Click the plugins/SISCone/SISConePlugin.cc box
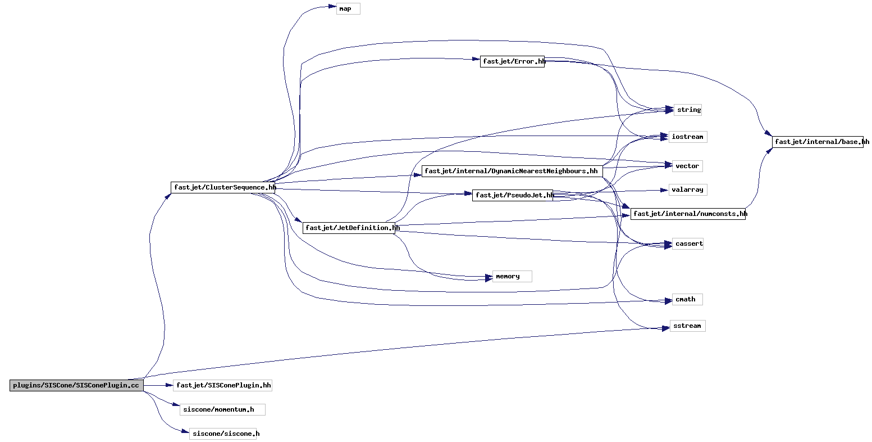[x=77, y=385]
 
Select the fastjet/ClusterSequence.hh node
[x=223, y=187]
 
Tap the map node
[x=348, y=8]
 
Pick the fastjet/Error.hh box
[x=512, y=62]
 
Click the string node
[x=688, y=110]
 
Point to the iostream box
[x=688, y=137]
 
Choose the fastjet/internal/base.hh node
[x=818, y=142]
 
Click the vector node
[x=687, y=166]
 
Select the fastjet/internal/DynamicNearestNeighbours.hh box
[x=512, y=171]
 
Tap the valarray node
[x=688, y=190]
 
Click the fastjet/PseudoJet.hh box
[x=513, y=195]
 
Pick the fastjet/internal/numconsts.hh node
[x=688, y=214]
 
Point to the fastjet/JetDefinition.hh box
[x=349, y=228]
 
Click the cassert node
[x=688, y=243]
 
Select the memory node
[x=512, y=276]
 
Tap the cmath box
[x=687, y=299]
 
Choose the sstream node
[x=688, y=326]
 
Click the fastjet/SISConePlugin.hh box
[x=223, y=385]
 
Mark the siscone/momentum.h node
[x=223, y=409]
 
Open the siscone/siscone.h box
[x=223, y=434]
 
